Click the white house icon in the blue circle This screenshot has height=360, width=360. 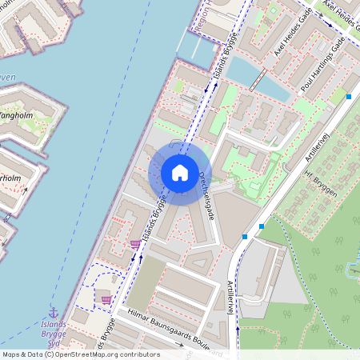click(180, 173)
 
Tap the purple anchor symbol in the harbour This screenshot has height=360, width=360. click(54, 312)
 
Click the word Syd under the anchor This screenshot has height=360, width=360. click(53, 344)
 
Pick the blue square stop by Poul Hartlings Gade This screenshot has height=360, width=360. click(350, 97)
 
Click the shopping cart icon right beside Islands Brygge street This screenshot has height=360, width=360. click(134, 243)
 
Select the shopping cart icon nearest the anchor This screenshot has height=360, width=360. click(106, 299)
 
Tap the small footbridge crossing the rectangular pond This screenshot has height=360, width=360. click(261, 78)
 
